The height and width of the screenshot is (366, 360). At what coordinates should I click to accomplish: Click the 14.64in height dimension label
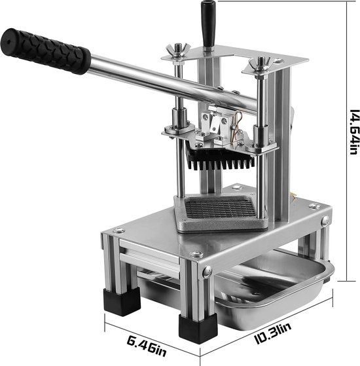(353, 132)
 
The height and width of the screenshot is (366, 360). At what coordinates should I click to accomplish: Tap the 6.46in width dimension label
(147, 346)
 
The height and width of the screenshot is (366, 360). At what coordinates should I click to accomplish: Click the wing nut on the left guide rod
(178, 52)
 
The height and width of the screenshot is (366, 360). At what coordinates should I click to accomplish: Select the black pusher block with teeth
(220, 159)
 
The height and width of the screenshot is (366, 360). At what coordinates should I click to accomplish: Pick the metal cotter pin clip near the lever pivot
(238, 126)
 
